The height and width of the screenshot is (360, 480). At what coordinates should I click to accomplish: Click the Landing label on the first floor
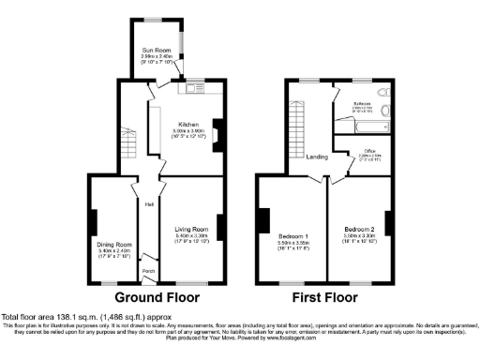point(318,157)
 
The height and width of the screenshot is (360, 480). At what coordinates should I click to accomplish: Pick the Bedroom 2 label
point(359,229)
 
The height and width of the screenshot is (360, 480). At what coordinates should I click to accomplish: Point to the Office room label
point(361,153)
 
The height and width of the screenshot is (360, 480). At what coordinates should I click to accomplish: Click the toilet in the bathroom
point(383,95)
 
